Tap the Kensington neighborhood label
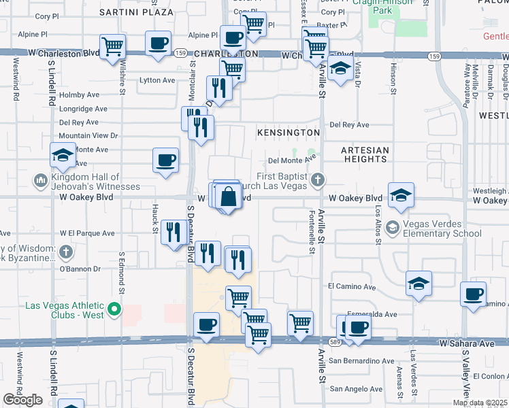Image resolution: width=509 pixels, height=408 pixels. tap(288, 132)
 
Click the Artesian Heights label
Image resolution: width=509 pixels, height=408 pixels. tap(365, 154)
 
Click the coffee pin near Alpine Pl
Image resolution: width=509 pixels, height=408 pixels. tap(159, 44)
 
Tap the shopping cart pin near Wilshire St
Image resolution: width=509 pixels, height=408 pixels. tap(112, 48)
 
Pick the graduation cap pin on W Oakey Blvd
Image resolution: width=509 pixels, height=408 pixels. tap(401, 196)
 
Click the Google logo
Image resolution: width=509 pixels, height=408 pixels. tap(23, 399)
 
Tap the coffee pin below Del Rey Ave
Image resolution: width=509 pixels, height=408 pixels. tap(165, 161)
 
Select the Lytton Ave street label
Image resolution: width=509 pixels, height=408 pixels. tap(157, 80)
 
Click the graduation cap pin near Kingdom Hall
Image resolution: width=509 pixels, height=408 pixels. tap(63, 156)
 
